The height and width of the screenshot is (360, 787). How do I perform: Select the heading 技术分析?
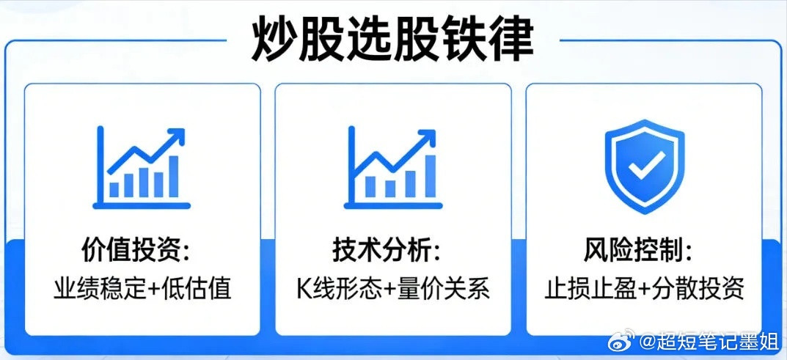(x=387, y=251)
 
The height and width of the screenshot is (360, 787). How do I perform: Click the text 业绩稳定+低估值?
(x=142, y=288)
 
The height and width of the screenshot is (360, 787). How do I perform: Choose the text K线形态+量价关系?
(x=393, y=288)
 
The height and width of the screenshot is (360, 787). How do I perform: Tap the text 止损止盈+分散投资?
(x=644, y=288)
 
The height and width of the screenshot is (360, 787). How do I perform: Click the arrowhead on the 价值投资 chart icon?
(x=177, y=136)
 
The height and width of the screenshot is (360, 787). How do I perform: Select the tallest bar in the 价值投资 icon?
(x=173, y=177)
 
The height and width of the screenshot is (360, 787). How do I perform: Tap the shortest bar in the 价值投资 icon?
(x=114, y=189)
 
